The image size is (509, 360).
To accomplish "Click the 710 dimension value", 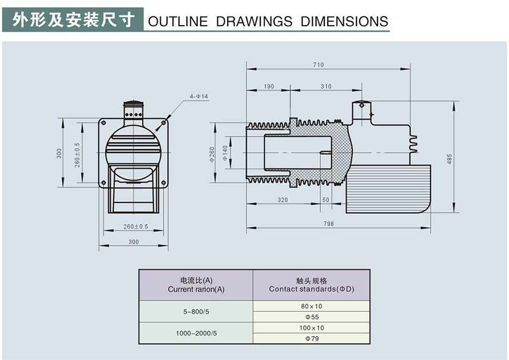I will tap(318, 65).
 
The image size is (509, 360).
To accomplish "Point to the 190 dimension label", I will tap(268, 87).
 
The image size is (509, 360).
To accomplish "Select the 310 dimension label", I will tap(325, 87).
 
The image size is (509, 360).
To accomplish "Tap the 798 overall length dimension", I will tap(328, 224).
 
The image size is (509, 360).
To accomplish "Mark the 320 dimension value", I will tap(283, 200).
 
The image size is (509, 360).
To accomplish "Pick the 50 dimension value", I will tap(325, 200).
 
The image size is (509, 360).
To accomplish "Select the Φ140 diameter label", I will tap(225, 153).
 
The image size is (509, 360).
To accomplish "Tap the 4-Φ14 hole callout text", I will tap(199, 97).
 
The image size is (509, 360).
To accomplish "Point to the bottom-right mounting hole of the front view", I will tap(164, 182).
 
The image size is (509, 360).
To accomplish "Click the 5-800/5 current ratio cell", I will tap(196, 311).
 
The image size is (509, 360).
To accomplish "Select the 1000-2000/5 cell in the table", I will tap(196, 333).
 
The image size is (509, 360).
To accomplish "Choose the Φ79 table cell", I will tap(312, 338).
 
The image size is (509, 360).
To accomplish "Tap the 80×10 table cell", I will tap(312, 306).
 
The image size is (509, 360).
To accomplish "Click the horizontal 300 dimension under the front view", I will tap(133, 242).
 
